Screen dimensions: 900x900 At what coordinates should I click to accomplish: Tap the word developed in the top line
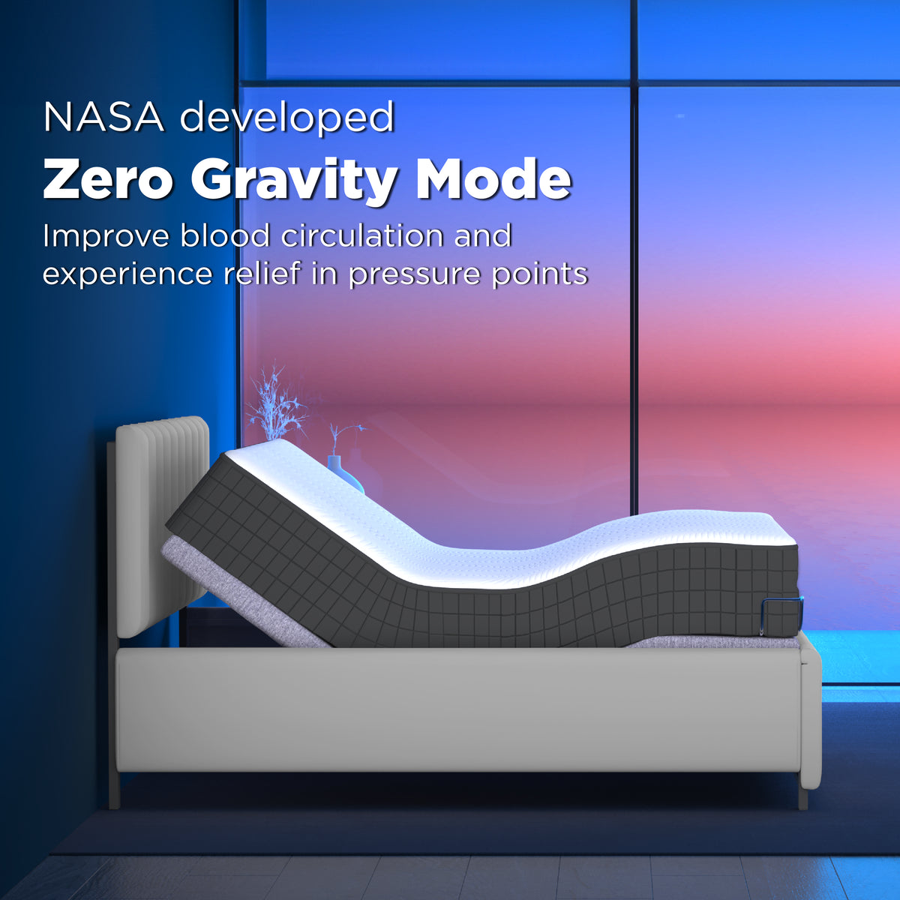point(287,118)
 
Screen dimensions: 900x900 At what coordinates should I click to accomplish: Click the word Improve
point(106,236)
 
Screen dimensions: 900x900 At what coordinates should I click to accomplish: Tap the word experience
point(127,274)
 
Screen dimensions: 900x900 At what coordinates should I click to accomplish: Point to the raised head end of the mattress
point(247,480)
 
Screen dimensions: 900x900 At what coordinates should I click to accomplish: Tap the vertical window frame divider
point(634,300)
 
